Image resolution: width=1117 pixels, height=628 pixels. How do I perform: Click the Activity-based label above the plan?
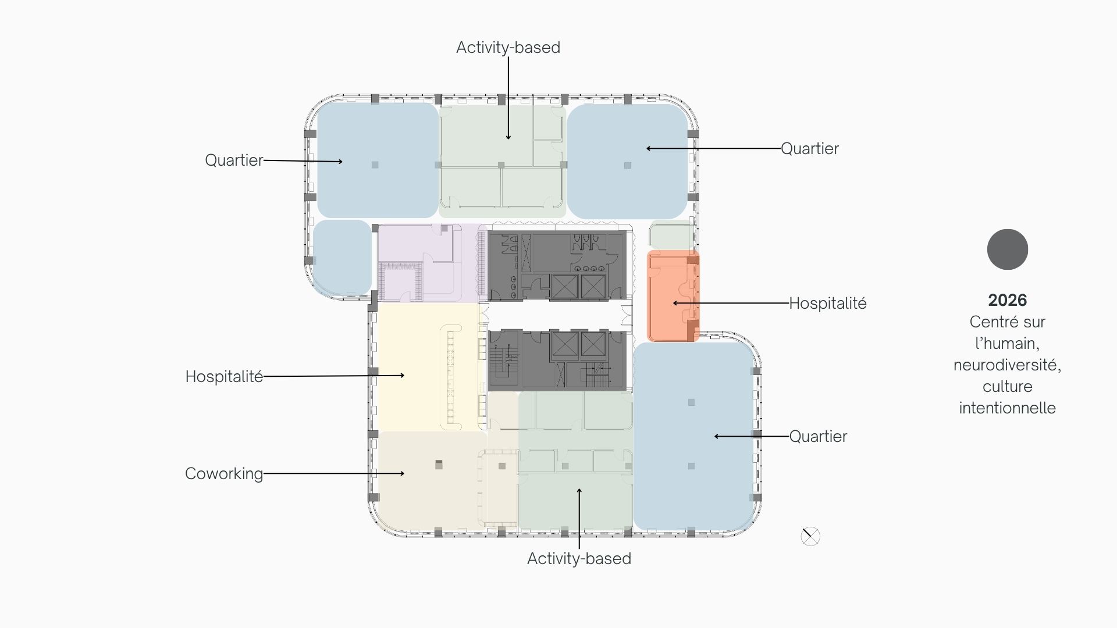(x=508, y=48)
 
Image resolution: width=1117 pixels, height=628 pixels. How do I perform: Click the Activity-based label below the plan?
(x=579, y=559)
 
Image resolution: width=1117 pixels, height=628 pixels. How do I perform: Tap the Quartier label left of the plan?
(x=234, y=160)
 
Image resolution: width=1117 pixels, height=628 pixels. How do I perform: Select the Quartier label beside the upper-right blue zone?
(x=809, y=149)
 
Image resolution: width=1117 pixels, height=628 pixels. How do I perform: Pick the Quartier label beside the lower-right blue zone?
(x=818, y=437)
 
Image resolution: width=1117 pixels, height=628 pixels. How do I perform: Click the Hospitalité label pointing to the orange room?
(x=828, y=304)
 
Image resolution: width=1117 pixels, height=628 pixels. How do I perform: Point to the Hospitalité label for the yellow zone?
(x=224, y=377)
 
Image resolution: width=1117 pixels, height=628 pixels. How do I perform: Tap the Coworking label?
(x=224, y=474)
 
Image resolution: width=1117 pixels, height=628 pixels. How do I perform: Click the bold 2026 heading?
(x=1008, y=300)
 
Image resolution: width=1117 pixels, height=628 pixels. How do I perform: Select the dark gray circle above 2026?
(x=1008, y=249)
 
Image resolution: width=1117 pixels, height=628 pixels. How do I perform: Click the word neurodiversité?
(x=1007, y=365)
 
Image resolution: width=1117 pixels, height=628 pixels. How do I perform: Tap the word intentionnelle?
(x=1008, y=408)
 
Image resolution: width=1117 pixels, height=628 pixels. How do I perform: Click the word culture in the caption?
(x=1008, y=387)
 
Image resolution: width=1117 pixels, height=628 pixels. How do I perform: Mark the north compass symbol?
(x=810, y=537)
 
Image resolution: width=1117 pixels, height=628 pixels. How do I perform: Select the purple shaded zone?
(x=428, y=263)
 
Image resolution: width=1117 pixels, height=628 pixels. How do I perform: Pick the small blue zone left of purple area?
(x=342, y=258)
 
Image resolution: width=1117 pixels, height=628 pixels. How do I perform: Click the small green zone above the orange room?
(x=672, y=235)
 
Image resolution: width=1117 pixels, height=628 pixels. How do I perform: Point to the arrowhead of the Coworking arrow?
(x=403, y=474)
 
